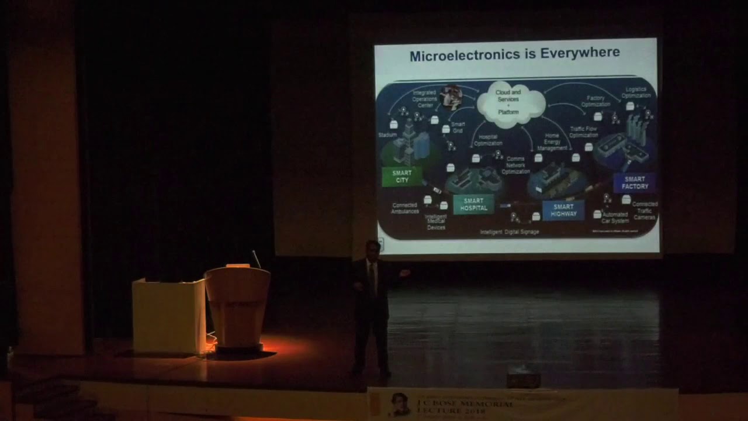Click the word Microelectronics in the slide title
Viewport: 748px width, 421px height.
coord(462,56)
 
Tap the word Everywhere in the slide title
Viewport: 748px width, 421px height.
coord(580,54)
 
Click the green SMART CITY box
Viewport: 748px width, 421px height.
coord(402,176)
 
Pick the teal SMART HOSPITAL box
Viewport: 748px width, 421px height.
coord(473,204)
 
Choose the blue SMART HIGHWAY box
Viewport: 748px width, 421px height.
coord(563,210)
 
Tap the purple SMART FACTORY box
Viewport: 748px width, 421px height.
coord(635,182)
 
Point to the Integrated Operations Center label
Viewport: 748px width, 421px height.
coord(424,99)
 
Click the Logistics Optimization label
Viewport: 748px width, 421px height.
coord(636,92)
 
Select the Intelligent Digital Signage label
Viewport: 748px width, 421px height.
coord(509,232)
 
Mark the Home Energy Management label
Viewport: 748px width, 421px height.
coord(552,142)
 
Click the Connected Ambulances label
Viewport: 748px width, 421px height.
coord(404,208)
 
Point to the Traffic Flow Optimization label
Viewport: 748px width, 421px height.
coord(584,132)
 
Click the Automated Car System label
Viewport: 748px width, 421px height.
coord(615,218)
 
